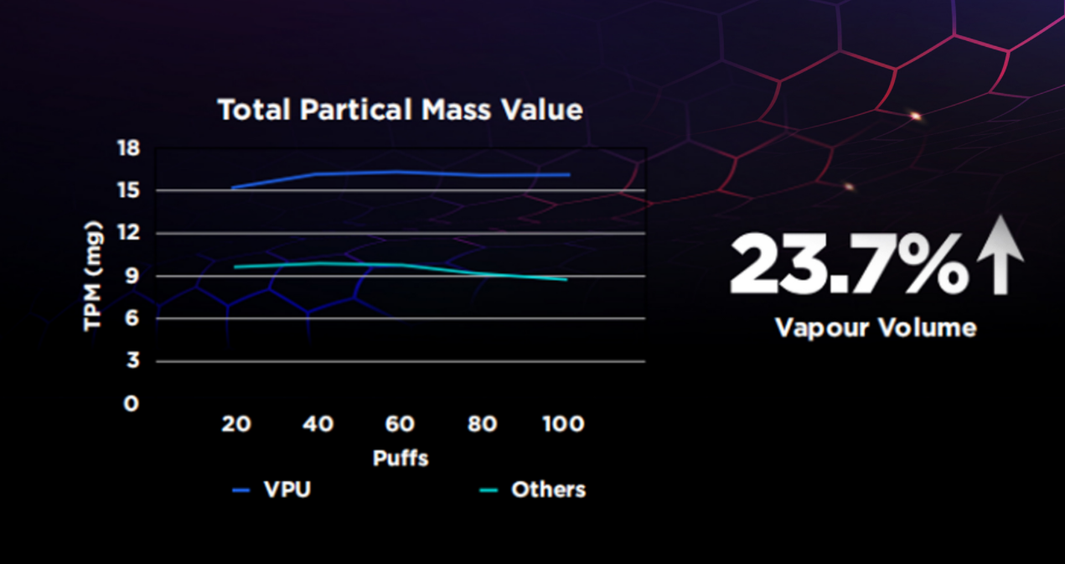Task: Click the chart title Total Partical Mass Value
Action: pos(400,110)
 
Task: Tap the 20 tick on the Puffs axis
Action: pos(235,424)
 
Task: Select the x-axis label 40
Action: pos(318,424)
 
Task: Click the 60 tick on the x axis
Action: pos(400,424)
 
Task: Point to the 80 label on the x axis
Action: pos(482,424)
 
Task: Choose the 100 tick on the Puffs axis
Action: pos(563,424)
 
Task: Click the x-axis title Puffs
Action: pos(400,458)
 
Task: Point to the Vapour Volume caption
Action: pos(876,327)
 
